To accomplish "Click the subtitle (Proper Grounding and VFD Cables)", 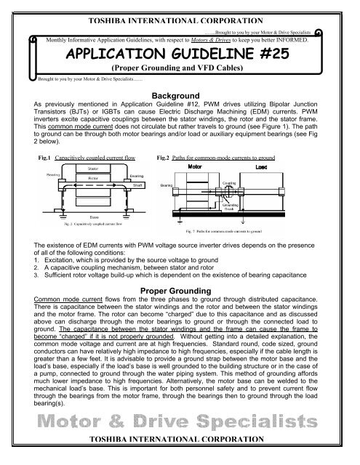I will click(x=180, y=70).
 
